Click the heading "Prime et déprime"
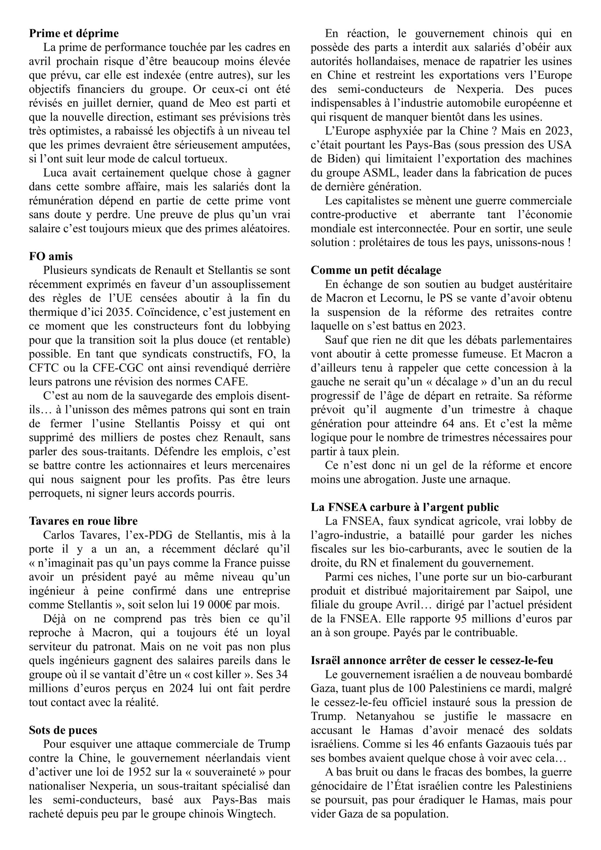pyautogui.click(x=74, y=33)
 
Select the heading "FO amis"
pyautogui.click(x=51, y=256)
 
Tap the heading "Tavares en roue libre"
pyautogui.click(x=83, y=521)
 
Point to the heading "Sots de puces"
pyautogui.click(x=63, y=730)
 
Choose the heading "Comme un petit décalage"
pyautogui.click(x=376, y=270)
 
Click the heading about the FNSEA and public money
pyautogui.click(x=405, y=507)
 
